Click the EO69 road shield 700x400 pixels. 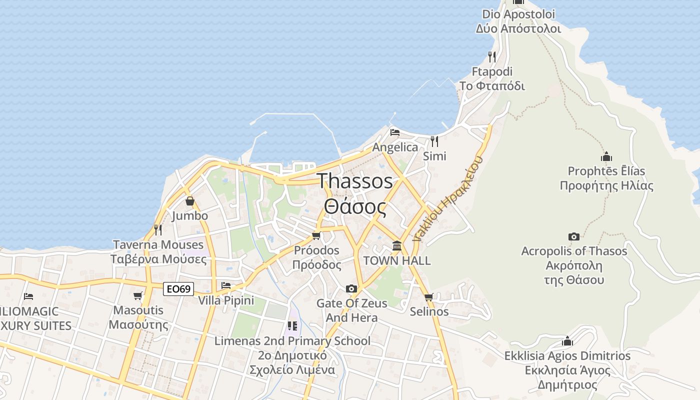178,289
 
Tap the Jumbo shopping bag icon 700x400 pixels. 189,201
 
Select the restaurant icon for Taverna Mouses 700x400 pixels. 158,230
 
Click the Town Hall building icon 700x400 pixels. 397,245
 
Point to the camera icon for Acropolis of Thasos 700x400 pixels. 574,236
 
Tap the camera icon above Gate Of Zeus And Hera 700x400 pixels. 351,288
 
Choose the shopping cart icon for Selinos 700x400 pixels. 428,297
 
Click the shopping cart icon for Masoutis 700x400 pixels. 138,295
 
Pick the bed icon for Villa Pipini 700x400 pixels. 226,285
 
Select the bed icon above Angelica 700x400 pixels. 395,132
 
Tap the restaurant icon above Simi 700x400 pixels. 434,141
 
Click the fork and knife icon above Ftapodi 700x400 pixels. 492,56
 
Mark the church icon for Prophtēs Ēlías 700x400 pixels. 606,156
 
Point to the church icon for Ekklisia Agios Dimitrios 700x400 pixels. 567,341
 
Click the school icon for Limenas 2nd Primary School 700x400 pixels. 292,326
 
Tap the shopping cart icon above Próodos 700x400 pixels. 316,235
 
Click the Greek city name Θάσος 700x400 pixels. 355,206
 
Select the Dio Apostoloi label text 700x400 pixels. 518,14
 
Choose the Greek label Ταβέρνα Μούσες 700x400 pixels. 158,259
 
